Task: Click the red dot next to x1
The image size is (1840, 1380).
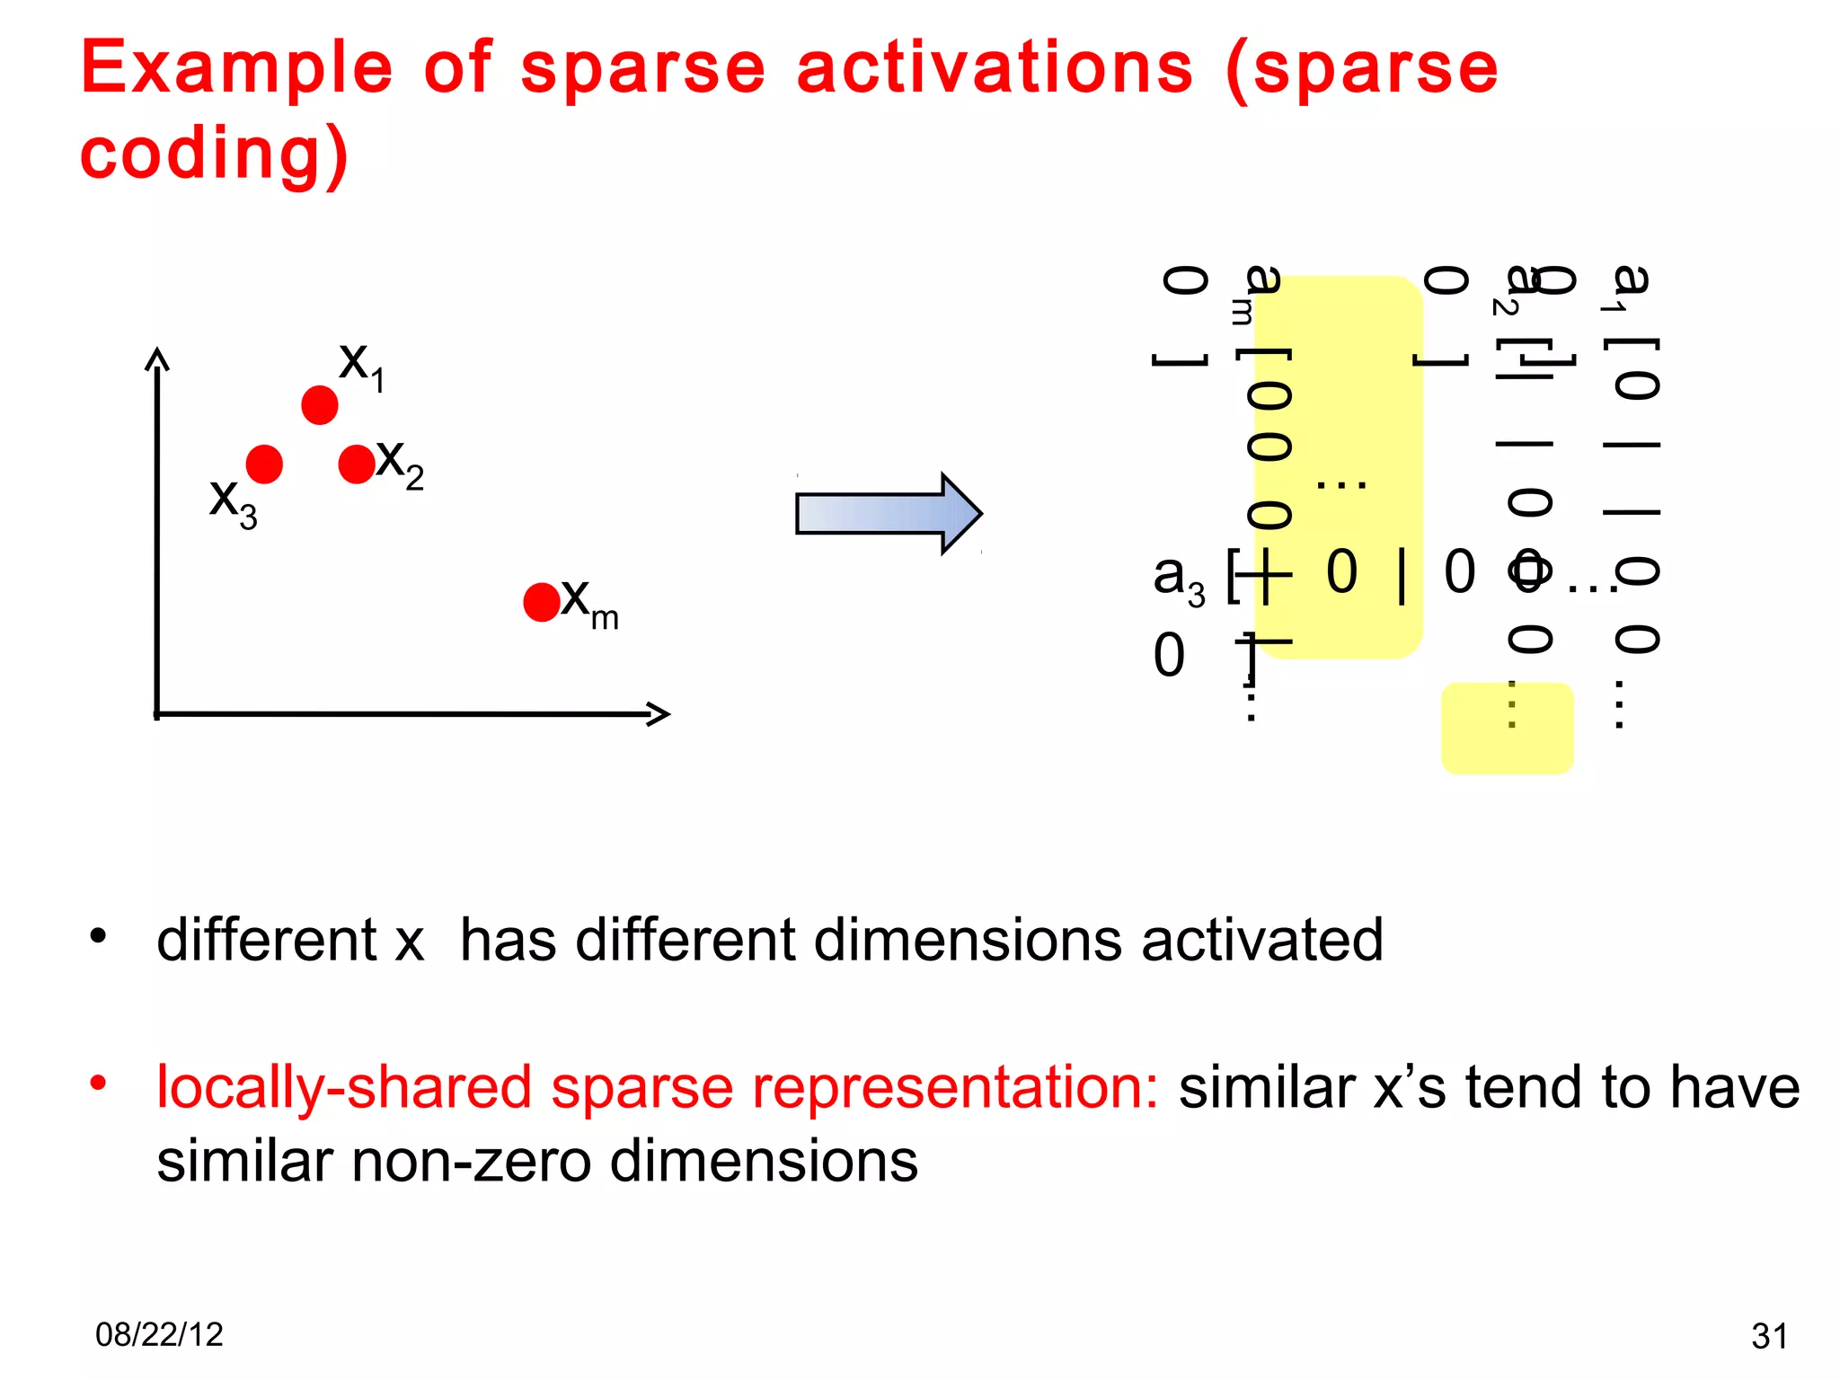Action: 319,405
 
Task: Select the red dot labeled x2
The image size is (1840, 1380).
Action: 357,464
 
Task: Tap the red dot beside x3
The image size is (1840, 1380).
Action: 264,464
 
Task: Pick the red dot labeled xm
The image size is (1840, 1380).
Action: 542,602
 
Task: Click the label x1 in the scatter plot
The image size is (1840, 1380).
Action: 361,367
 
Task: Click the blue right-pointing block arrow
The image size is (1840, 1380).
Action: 888,514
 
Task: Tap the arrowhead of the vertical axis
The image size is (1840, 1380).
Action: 157,358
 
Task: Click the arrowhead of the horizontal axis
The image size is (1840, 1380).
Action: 659,714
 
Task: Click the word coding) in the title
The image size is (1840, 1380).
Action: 214,155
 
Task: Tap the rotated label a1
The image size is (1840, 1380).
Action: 1627,287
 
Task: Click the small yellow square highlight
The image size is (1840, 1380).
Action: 1507,729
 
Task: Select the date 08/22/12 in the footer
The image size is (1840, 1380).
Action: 159,1335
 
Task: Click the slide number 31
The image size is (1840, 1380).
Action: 1769,1337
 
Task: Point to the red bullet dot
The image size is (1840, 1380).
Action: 98,1083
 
